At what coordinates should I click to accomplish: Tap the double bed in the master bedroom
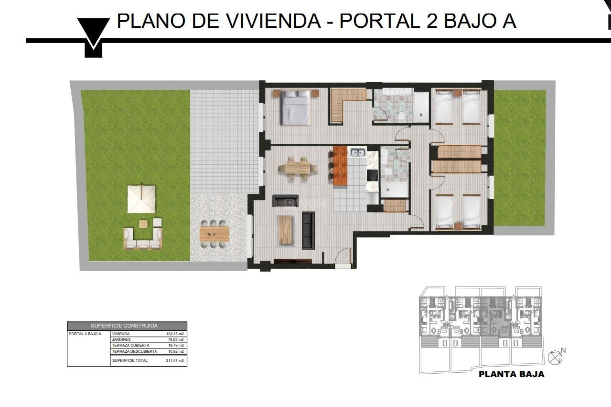pyautogui.click(x=295, y=107)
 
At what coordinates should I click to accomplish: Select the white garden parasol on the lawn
pyautogui.click(x=142, y=199)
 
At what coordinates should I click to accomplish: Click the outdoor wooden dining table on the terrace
pyautogui.click(x=214, y=234)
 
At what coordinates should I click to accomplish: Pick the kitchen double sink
pyautogui.click(x=357, y=153)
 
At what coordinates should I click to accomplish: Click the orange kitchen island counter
pyautogui.click(x=340, y=166)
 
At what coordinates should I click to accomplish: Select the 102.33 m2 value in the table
pyautogui.click(x=175, y=334)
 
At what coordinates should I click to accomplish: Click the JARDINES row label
pyautogui.click(x=121, y=340)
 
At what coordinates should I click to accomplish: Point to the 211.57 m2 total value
pyautogui.click(x=175, y=361)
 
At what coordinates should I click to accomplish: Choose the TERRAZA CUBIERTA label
pyautogui.click(x=130, y=345)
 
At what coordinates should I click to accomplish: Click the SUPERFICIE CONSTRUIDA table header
pyautogui.click(x=124, y=326)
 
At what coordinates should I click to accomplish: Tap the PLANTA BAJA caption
pyautogui.click(x=511, y=374)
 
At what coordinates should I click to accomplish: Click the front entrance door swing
pyautogui.click(x=344, y=256)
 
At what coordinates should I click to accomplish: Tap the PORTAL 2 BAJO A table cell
pyautogui.click(x=85, y=334)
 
